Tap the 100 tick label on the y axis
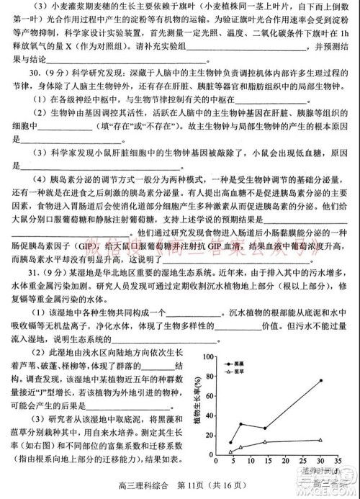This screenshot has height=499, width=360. pos(210,356)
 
